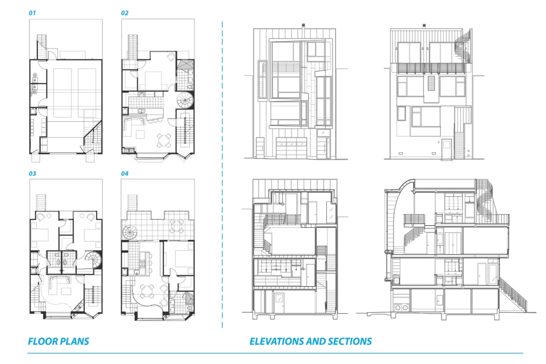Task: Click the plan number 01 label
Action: click(32, 13)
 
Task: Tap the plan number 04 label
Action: click(125, 173)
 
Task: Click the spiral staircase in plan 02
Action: click(185, 101)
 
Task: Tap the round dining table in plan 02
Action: click(164, 140)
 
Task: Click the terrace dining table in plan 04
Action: click(177, 226)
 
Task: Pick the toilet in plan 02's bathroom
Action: click(189, 85)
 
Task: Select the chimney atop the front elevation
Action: click(303, 27)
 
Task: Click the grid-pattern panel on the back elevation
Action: click(431, 84)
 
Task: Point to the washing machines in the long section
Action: click(402, 307)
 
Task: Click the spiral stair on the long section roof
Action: click(483, 199)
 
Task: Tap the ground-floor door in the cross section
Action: click(279, 302)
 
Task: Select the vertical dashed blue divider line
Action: click(222, 175)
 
